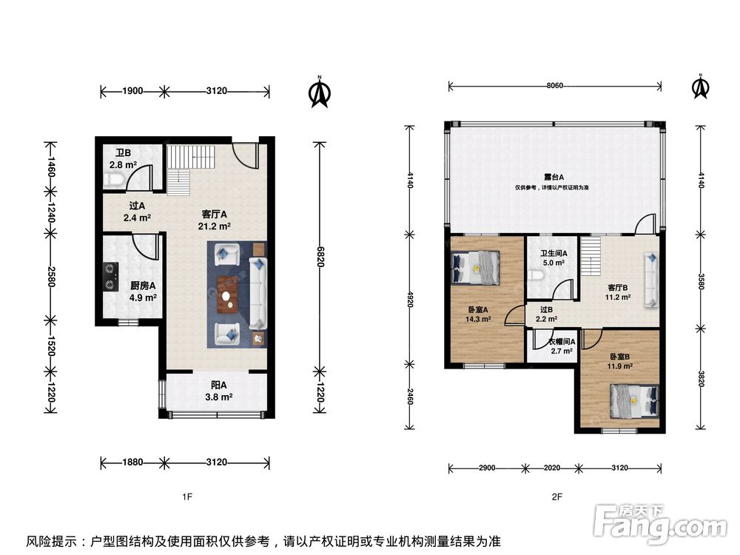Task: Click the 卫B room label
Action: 123,153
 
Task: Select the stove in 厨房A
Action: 110,277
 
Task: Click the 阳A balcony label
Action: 219,385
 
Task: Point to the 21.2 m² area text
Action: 215,226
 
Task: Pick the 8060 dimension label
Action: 554,85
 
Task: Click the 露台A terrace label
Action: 554,178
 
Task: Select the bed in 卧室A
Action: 475,268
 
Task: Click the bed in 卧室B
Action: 634,400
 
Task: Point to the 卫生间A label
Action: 554,253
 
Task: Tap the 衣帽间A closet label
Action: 562,342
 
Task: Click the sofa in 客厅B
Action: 651,280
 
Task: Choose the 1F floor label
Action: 187,497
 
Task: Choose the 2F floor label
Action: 557,497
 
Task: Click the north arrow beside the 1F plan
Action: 320,92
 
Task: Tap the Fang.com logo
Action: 661,524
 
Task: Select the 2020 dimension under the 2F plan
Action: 552,468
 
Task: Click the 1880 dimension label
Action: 132,462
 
